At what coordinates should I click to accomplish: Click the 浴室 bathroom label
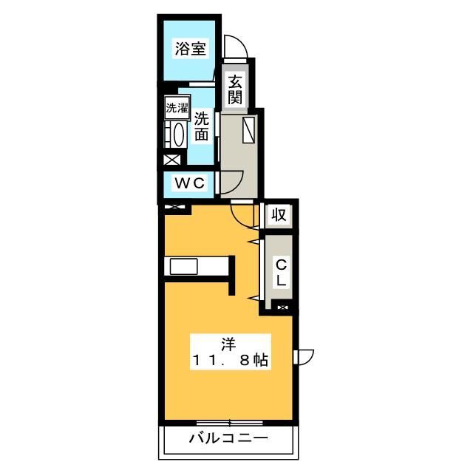point(191,50)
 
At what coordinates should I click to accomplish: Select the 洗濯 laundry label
point(177,107)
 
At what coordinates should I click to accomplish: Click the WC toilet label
point(189,182)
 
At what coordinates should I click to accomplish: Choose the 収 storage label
point(278,216)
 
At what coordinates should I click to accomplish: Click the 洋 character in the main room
point(229,343)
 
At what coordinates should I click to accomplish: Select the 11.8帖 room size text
point(230,361)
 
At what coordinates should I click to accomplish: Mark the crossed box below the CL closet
point(283,305)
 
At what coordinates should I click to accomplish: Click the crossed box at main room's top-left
point(175,208)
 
